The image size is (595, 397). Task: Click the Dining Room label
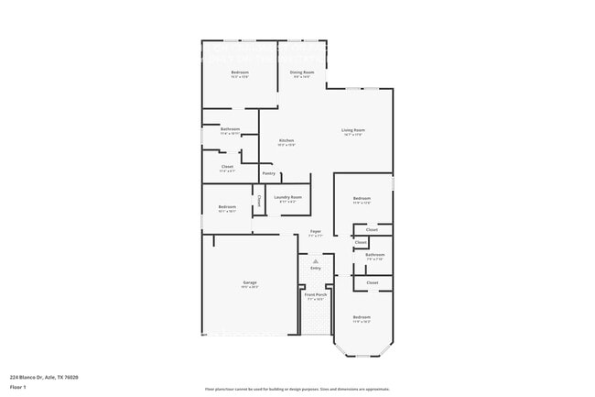coord(302,72)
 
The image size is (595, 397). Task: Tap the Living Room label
coord(353,130)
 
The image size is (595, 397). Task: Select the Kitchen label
coord(287,140)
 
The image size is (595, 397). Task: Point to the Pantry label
coord(269,173)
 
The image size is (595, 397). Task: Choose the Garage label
coord(250,282)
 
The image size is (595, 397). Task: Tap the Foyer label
coord(315,232)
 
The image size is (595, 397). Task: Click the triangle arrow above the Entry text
coord(316,261)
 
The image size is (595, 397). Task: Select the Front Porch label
coord(315,295)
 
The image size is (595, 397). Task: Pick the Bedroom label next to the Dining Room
coord(240,72)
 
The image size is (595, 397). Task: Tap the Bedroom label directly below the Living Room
coord(362,198)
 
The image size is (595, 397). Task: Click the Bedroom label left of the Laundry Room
coord(227,207)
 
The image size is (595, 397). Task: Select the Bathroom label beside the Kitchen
coord(230,129)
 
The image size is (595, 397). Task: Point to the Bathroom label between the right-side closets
coord(374,254)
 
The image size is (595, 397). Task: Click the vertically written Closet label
coord(259,201)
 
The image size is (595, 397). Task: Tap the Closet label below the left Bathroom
coord(227,166)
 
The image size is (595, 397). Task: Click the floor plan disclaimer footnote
coord(297,389)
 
